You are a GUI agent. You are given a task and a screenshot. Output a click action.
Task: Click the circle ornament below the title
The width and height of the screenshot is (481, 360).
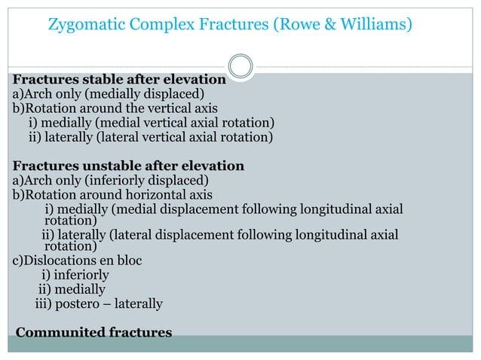click(x=240, y=66)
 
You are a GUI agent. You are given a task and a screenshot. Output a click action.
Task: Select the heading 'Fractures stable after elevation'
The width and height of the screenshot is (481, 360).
click(x=119, y=79)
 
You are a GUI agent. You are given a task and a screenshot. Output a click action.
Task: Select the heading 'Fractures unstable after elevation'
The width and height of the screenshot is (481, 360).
click(x=128, y=166)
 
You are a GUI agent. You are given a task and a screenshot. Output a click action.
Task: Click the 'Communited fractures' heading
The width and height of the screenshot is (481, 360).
click(x=94, y=331)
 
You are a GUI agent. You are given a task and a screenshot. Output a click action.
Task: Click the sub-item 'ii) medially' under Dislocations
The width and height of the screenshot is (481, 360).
click(x=72, y=289)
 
